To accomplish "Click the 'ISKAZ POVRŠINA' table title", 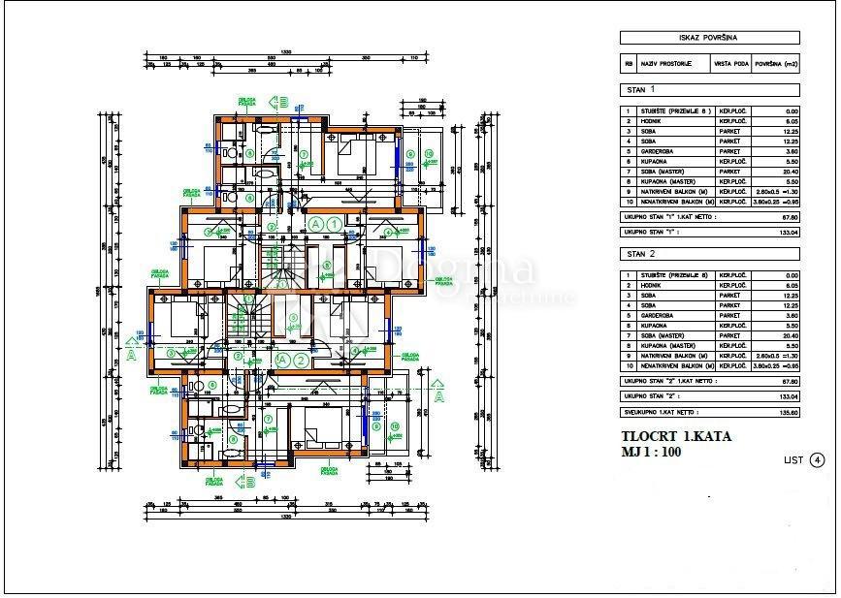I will pos(709,38).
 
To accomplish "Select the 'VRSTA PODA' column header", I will pos(732,64).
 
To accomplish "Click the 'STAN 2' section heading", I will pos(640,254).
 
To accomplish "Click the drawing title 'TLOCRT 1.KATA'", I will pos(676,436).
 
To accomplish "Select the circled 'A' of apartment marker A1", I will pos(315,224).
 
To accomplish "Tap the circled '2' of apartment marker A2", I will pos(303,361).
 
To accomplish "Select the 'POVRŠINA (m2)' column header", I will pos(777,64).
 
